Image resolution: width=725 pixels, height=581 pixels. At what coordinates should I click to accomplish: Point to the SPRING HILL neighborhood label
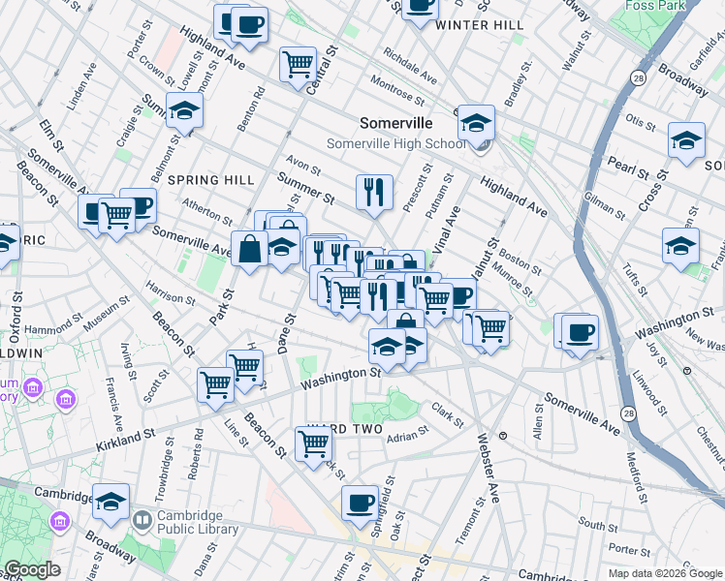click(210, 180)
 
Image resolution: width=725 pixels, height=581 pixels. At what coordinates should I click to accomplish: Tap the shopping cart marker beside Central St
click(298, 65)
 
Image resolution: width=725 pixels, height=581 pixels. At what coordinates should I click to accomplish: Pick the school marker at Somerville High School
click(476, 123)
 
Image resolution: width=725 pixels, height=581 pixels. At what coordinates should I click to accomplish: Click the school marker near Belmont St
click(184, 111)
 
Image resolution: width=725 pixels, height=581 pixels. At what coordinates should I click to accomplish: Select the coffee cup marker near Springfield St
click(360, 503)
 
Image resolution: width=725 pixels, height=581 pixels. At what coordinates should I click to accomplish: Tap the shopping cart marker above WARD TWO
click(313, 443)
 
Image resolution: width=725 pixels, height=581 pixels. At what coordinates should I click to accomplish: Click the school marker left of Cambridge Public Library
click(111, 502)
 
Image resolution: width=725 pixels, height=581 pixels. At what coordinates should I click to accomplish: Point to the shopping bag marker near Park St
click(249, 249)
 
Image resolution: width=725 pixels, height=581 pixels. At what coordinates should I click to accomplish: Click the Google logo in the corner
click(32, 569)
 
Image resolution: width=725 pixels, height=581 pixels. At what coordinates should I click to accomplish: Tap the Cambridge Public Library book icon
click(142, 521)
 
